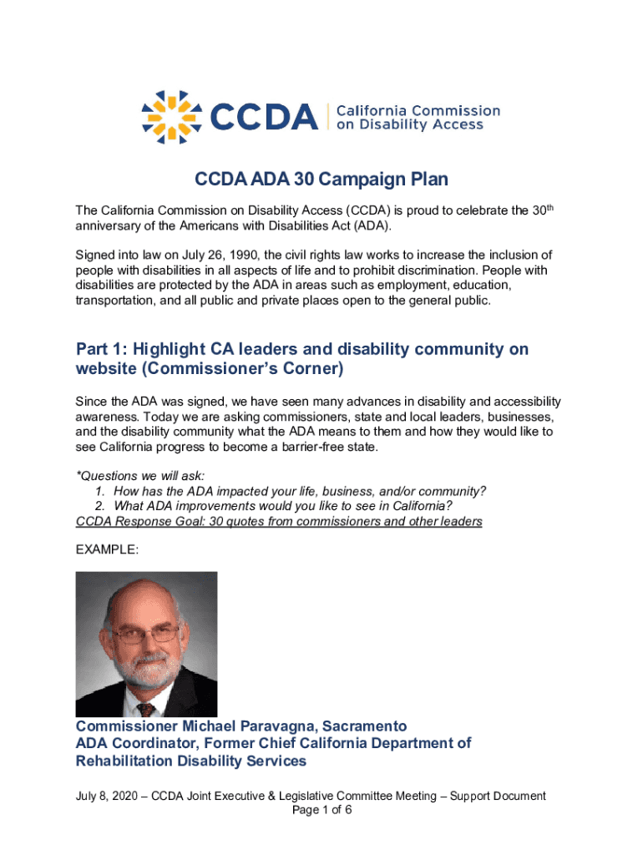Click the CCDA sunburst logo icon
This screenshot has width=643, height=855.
tap(171, 116)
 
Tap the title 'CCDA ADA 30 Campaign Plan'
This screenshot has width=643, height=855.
tap(321, 180)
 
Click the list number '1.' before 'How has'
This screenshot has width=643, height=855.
tap(100, 491)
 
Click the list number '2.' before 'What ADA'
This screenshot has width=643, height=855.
tap(100, 506)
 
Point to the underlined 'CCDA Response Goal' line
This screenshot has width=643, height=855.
tap(278, 522)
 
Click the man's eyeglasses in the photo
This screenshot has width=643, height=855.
tap(148, 635)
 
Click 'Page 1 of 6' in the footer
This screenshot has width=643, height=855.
tap(321, 811)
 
